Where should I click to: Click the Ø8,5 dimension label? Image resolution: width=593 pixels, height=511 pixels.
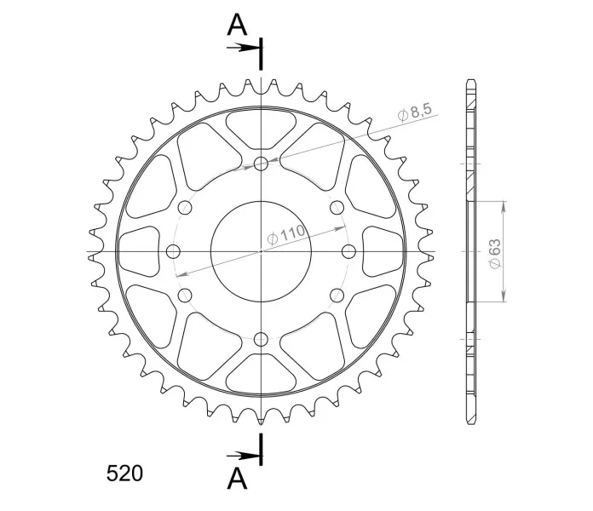tap(415, 112)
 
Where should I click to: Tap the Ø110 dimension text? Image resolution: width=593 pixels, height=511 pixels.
tap(286, 235)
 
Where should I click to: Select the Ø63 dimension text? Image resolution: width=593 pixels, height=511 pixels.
tap(495, 254)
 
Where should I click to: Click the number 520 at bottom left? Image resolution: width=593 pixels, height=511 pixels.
tap(124, 474)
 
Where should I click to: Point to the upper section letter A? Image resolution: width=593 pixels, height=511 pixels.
tap(237, 25)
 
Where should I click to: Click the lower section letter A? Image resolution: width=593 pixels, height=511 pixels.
tap(237, 479)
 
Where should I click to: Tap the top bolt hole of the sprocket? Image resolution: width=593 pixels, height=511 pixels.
tap(261, 164)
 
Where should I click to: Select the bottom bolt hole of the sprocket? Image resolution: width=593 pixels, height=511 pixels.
tap(261, 339)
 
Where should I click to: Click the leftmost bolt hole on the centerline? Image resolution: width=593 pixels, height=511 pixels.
tap(173, 251)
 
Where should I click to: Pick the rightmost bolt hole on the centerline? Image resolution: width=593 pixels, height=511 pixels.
tap(348, 251)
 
